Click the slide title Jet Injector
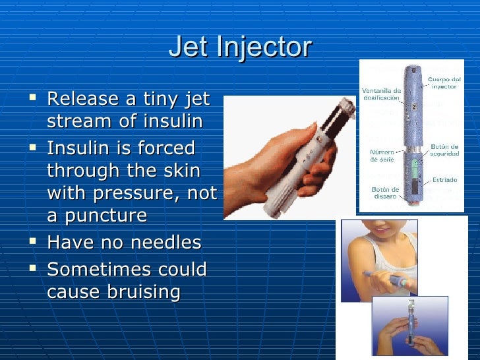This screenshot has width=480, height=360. tap(240, 47)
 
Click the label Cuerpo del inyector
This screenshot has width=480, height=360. tap(444, 82)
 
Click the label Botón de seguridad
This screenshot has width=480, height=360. tap(444, 150)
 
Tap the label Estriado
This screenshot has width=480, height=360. tap(444, 179)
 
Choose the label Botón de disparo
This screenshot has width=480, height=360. tap(382, 193)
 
